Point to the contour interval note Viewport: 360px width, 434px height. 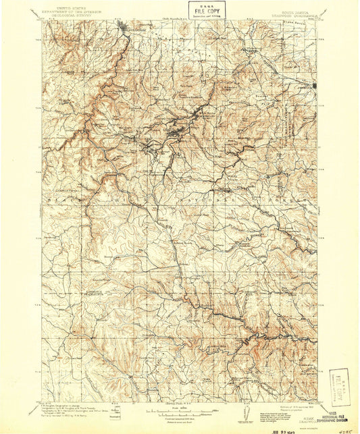pos(179,414)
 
